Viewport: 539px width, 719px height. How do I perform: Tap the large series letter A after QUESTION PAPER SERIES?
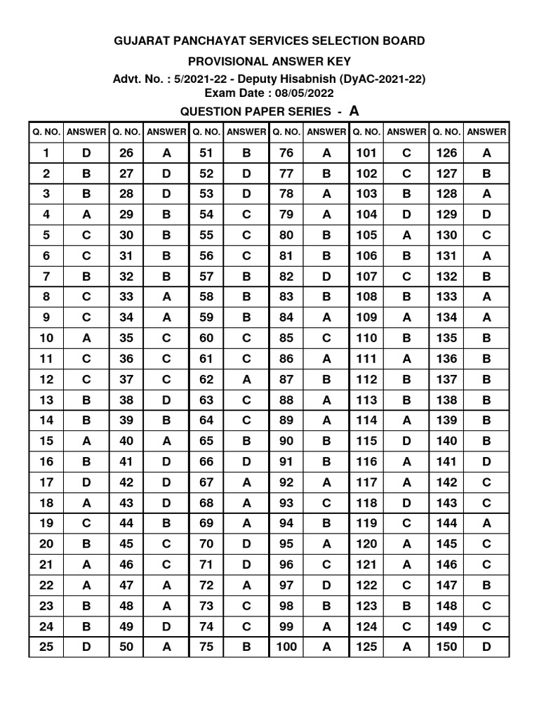pyautogui.click(x=354, y=110)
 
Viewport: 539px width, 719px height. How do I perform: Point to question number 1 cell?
pyautogui.click(x=46, y=153)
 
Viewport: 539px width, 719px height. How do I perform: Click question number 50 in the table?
pyautogui.click(x=126, y=647)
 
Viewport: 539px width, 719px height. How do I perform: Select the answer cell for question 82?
pyautogui.click(x=326, y=276)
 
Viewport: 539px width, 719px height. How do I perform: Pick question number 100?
pyautogui.click(x=286, y=647)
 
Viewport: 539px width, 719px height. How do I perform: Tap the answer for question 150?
pyautogui.click(x=486, y=647)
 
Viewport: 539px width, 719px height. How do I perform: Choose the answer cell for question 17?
pyautogui.click(x=86, y=482)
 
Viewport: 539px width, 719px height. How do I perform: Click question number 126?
pyautogui.click(x=446, y=153)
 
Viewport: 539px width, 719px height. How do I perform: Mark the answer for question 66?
pyautogui.click(x=246, y=461)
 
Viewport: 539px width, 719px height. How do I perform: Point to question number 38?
pyautogui.click(x=126, y=400)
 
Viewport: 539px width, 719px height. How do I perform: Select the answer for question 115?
pyautogui.click(x=406, y=441)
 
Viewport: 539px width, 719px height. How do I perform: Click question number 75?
pyautogui.click(x=206, y=647)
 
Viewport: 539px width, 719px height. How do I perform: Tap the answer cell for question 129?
pyautogui.click(x=486, y=214)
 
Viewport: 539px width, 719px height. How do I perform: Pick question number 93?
pyautogui.click(x=286, y=503)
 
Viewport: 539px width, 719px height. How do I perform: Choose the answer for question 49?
pyautogui.click(x=166, y=626)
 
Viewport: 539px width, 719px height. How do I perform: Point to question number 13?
pyautogui.click(x=46, y=400)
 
